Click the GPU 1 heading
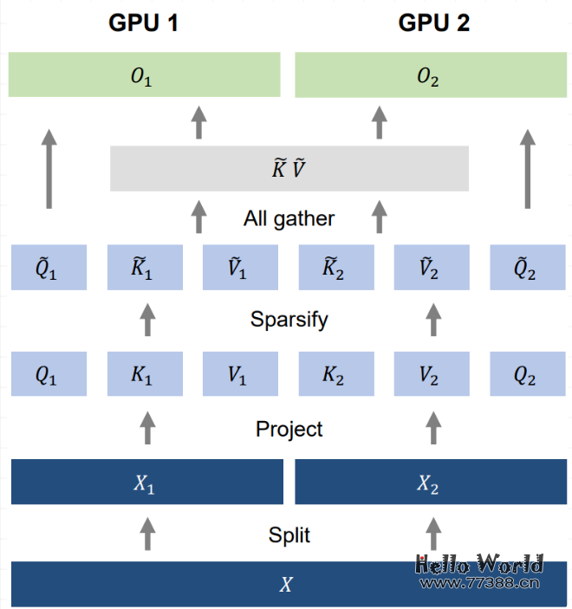click(144, 23)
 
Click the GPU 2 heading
click(433, 23)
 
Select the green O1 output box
click(144, 75)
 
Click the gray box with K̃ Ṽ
click(289, 168)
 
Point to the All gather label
click(289, 218)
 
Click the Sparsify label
click(289, 319)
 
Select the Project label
click(289, 429)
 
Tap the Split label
click(289, 534)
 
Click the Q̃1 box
click(49, 268)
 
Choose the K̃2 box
click(335, 268)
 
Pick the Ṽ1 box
click(240, 268)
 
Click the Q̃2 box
click(528, 268)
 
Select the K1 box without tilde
click(145, 375)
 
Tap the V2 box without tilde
click(432, 375)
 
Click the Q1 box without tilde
click(49, 375)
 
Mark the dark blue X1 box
click(146, 483)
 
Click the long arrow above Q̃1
click(49, 168)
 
